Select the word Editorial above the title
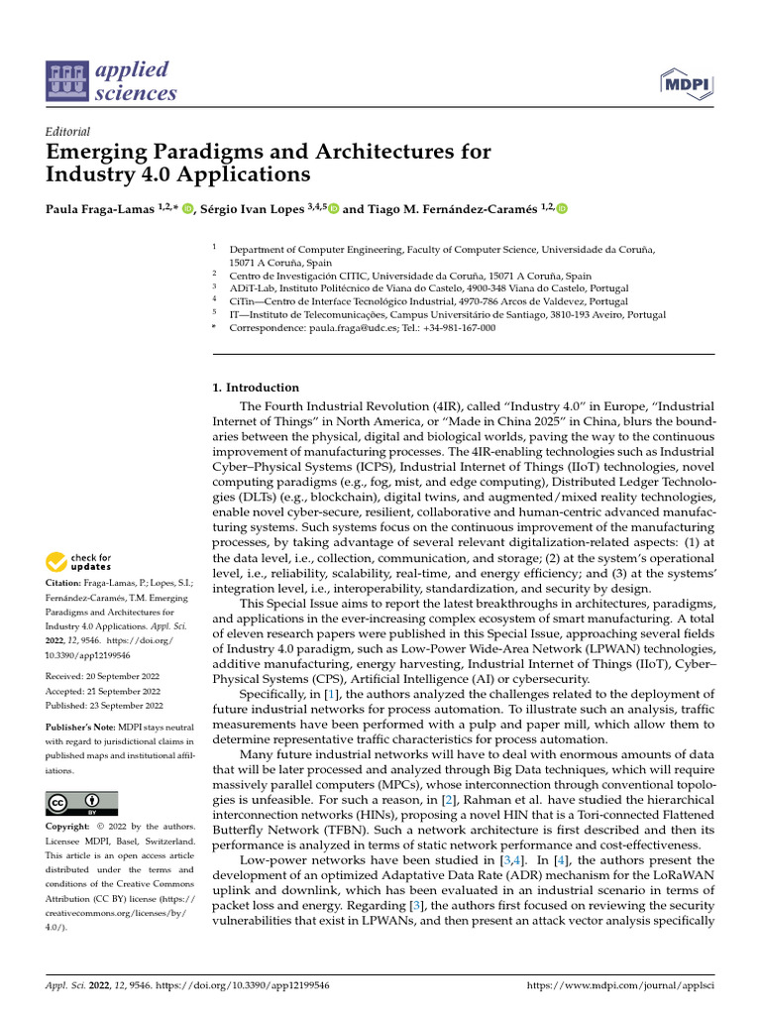pos(68,131)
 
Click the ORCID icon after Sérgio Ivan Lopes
pos(333,208)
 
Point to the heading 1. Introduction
pos(256,388)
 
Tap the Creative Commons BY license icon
pos(82,803)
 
